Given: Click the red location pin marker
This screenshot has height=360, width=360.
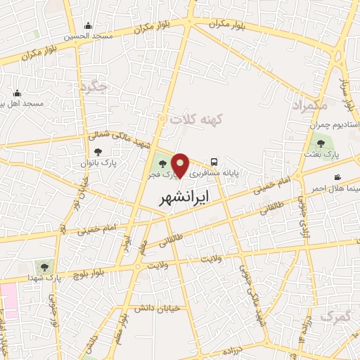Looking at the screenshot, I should click(x=181, y=165).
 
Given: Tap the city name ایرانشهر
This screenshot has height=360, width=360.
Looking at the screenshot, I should click(x=181, y=197).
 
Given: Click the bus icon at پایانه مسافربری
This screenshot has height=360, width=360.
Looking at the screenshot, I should click(x=213, y=161).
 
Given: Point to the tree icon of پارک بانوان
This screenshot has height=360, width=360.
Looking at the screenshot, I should click(x=96, y=152).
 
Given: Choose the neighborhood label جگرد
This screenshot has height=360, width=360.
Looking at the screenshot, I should click(x=93, y=87).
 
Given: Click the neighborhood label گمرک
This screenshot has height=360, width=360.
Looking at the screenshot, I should click(x=334, y=317).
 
